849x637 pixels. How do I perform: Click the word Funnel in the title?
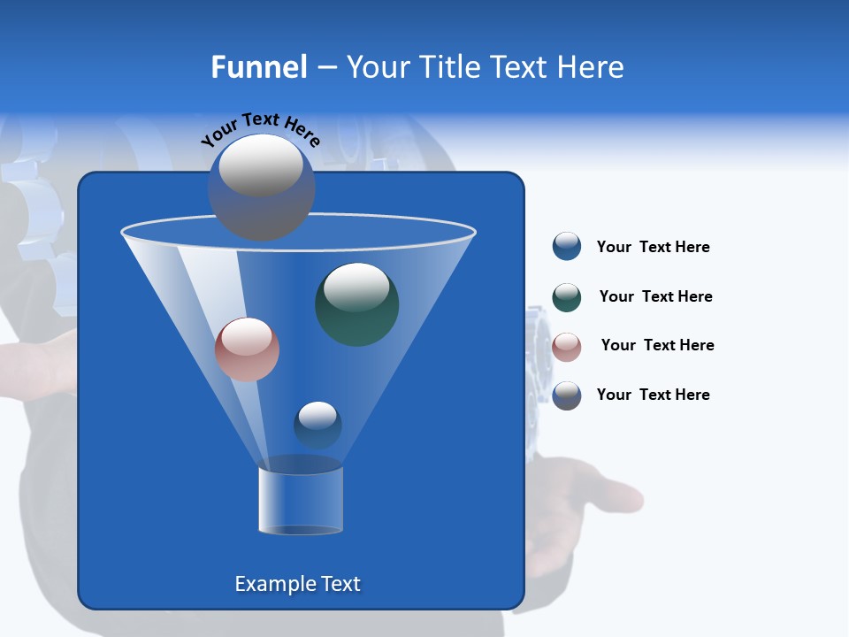[258, 67]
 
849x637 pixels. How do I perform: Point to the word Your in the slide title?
[378, 67]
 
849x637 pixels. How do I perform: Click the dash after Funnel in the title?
[326, 68]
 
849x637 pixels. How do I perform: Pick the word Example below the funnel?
[268, 584]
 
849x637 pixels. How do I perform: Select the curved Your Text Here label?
[260, 128]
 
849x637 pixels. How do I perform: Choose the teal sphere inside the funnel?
[356, 304]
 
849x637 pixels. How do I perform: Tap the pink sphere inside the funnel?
[247, 349]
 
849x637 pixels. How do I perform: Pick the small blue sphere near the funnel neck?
[317, 425]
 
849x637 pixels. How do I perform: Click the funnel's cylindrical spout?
[301, 500]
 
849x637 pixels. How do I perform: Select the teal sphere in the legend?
[567, 297]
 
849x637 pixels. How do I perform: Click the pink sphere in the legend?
[567, 347]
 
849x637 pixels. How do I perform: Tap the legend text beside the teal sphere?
[655, 296]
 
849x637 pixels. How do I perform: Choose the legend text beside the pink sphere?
[657, 345]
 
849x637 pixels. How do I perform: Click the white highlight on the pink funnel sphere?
[247, 336]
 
